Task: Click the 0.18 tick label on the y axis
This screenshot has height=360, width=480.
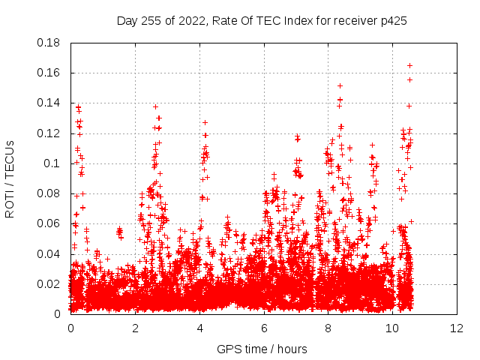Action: tap(51, 43)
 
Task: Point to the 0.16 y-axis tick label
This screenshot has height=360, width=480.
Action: tap(51, 73)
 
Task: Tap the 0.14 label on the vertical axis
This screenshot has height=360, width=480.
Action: tap(51, 103)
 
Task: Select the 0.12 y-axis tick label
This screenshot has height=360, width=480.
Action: tap(51, 133)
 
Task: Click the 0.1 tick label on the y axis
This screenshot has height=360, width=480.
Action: tap(54, 163)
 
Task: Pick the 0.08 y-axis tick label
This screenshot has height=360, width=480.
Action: tap(51, 193)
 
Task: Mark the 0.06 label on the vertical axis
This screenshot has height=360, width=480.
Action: tap(51, 223)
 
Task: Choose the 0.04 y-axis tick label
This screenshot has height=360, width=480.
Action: tap(51, 253)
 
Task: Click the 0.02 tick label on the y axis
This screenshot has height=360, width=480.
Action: tap(51, 283)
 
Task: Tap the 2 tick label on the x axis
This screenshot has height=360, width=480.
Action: tap(135, 328)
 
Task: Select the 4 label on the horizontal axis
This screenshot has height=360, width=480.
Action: tap(199, 328)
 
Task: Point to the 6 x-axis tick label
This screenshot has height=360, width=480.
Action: tap(264, 328)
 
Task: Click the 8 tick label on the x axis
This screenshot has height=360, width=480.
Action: tap(328, 328)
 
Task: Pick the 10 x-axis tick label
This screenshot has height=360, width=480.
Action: tap(393, 328)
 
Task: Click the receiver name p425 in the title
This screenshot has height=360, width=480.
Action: tap(394, 20)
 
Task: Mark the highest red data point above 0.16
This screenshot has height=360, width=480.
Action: tap(409, 65)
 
